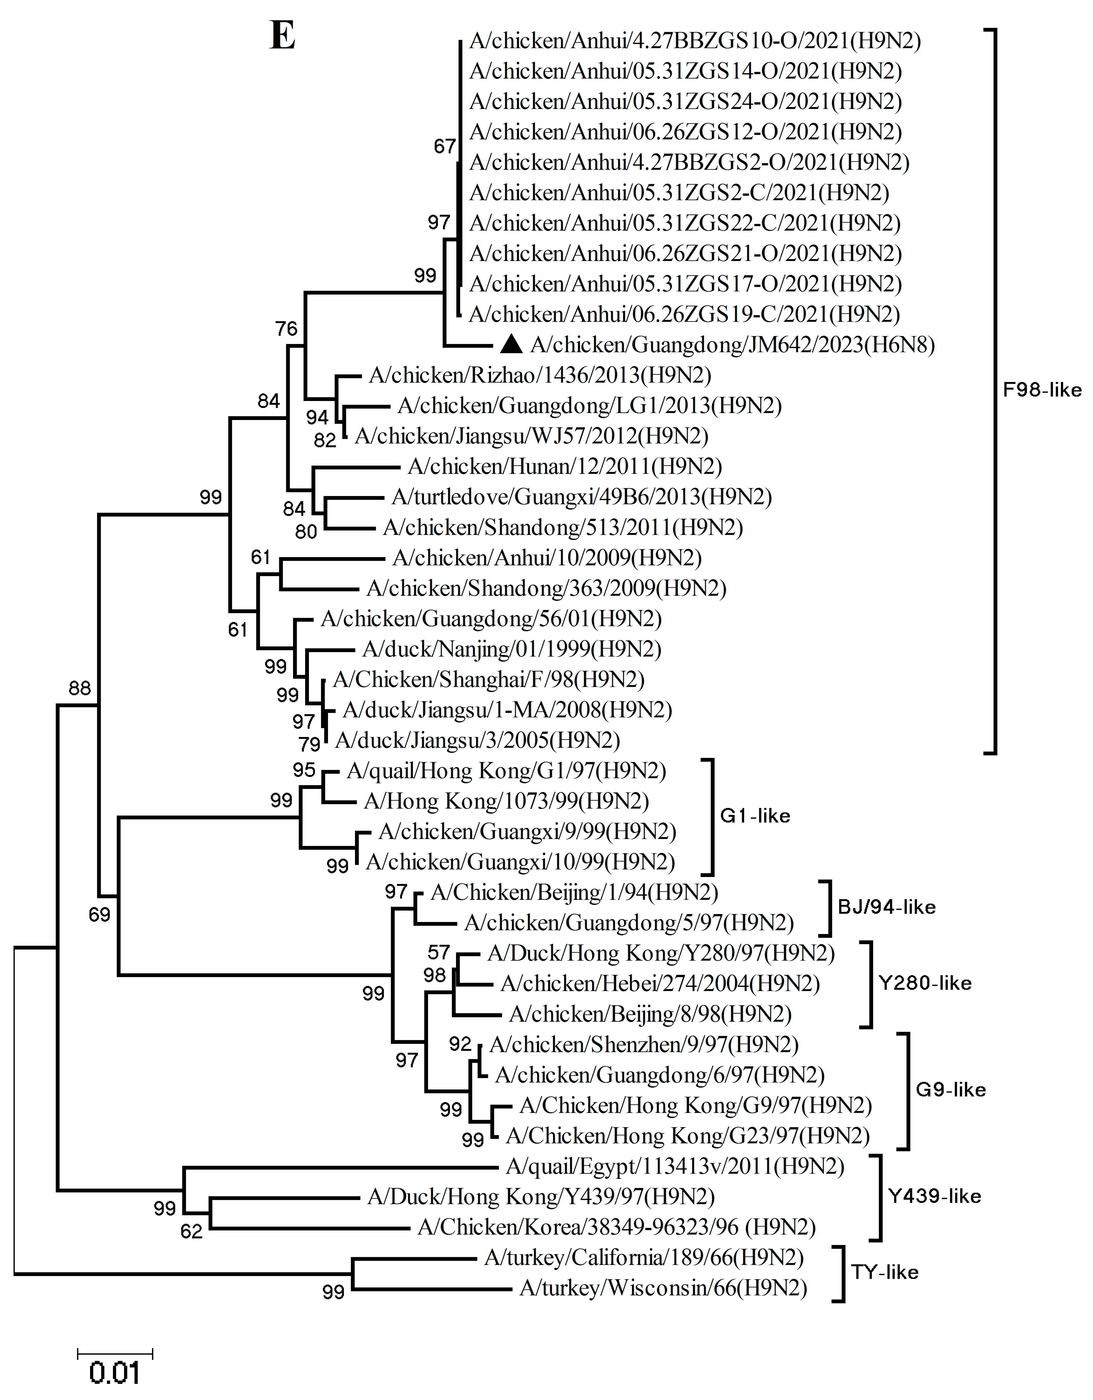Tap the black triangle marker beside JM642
(x=511, y=345)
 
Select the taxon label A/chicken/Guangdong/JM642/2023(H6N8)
(x=733, y=345)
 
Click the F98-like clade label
(x=1042, y=390)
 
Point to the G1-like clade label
(x=755, y=816)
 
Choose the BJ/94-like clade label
(x=887, y=907)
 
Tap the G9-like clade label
(x=950, y=1090)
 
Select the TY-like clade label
(x=885, y=1272)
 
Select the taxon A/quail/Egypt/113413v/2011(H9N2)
(x=675, y=1166)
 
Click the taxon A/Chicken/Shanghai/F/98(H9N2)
(x=488, y=679)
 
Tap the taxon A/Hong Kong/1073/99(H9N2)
(x=506, y=801)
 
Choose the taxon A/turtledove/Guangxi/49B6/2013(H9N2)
(x=581, y=497)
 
